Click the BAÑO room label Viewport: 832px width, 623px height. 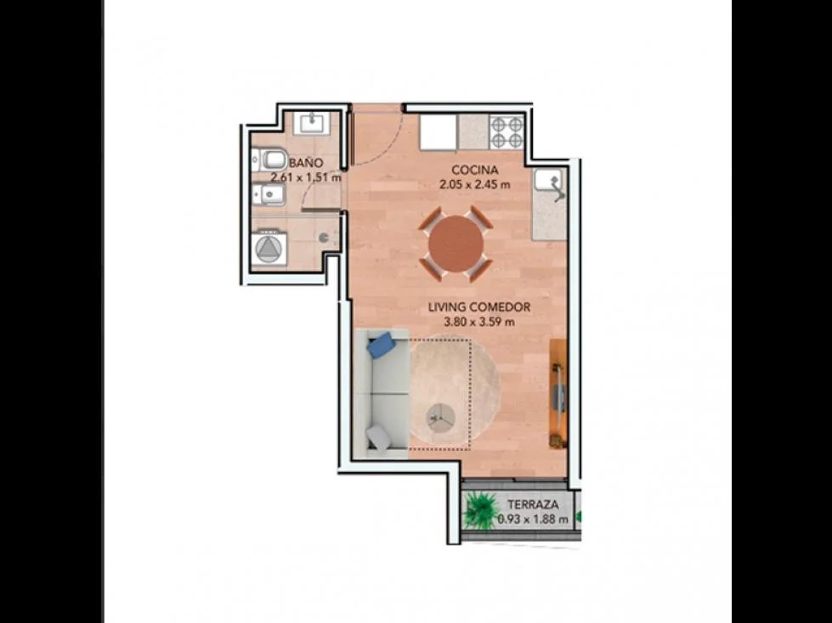pyautogui.click(x=306, y=163)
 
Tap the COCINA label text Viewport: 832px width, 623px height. pyautogui.click(x=475, y=170)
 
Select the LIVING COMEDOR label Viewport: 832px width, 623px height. pyautogui.click(x=479, y=307)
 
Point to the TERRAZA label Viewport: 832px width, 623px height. pyautogui.click(x=533, y=505)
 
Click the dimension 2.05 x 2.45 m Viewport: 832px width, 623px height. pyautogui.click(x=474, y=185)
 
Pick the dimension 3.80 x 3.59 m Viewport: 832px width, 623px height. pyautogui.click(x=479, y=322)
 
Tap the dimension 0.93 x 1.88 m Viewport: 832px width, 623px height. pyautogui.click(x=533, y=519)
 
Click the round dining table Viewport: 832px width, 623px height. pyautogui.click(x=456, y=244)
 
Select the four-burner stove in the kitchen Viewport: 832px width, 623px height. pyautogui.click(x=507, y=132)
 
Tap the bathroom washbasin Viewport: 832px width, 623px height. pyautogui.click(x=315, y=123)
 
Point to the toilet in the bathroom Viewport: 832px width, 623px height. pyautogui.click(x=269, y=160)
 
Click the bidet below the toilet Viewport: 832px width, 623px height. pyautogui.click(x=269, y=195)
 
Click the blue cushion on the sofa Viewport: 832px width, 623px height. pyautogui.click(x=381, y=345)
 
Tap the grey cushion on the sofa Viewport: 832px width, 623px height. pyautogui.click(x=379, y=439)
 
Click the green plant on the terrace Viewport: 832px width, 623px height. pyautogui.click(x=481, y=509)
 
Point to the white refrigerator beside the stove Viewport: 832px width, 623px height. pyautogui.click(x=439, y=132)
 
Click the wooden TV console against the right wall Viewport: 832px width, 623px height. pyautogui.click(x=557, y=394)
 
